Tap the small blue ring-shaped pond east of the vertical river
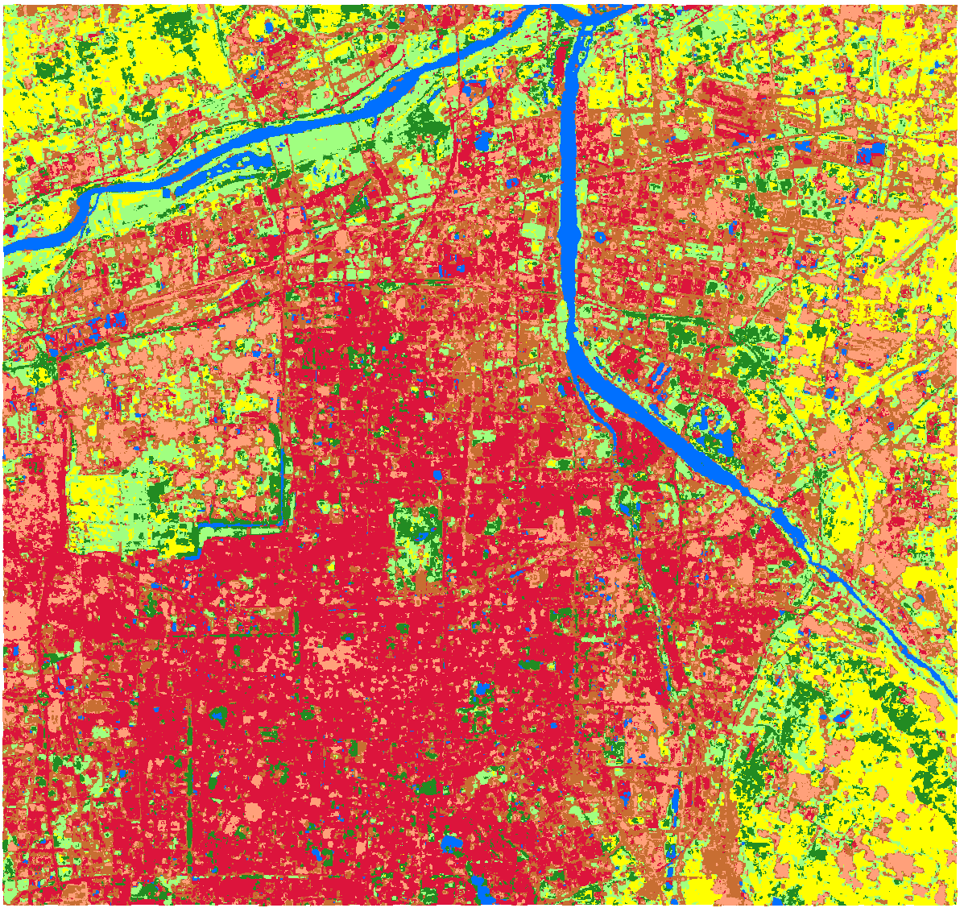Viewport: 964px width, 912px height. (x=601, y=238)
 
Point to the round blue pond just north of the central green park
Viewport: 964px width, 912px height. (x=437, y=475)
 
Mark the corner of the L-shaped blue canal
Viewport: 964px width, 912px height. (x=281, y=524)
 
